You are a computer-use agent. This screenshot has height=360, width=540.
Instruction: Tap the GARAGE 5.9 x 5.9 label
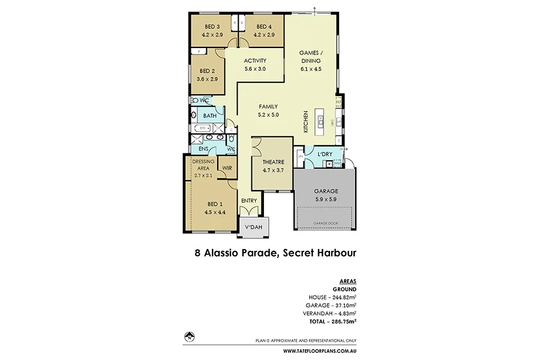(326, 195)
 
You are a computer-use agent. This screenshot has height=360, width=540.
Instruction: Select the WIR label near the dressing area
(227, 169)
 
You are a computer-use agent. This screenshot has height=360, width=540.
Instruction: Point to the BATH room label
(210, 115)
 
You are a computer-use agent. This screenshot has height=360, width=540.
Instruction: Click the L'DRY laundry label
(325, 155)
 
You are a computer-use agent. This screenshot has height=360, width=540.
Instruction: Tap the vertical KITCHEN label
(306, 122)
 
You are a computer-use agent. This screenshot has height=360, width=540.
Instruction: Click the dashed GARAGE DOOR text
(326, 223)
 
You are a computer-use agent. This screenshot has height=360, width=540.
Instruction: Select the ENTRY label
(249, 200)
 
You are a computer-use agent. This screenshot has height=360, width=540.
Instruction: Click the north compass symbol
(189, 336)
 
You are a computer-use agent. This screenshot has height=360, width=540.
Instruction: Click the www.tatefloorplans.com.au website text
(319, 350)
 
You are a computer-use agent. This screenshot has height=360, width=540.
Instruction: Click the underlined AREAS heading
(348, 281)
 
